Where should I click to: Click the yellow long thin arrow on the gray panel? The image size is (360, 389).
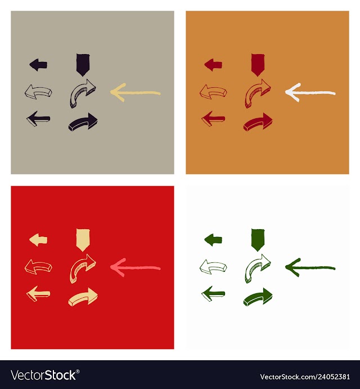135,93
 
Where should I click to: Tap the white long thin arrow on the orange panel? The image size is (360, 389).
310,93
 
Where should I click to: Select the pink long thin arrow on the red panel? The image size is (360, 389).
135,268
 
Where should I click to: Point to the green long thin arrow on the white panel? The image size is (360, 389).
310,268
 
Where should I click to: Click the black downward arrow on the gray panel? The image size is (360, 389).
83,65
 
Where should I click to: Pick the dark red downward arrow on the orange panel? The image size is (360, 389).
258,65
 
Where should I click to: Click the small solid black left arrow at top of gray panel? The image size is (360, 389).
38,65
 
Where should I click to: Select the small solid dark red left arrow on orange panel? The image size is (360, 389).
213,65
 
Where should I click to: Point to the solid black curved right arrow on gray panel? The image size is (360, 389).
83,122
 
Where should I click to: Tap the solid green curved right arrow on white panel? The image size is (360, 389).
258,297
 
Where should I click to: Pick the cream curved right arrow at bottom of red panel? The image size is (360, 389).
83,297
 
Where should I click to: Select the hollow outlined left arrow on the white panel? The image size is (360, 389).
213,267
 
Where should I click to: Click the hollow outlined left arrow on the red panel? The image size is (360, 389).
38,267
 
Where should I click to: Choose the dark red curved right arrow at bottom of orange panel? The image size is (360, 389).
258,122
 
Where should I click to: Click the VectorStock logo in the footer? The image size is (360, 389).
45,375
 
